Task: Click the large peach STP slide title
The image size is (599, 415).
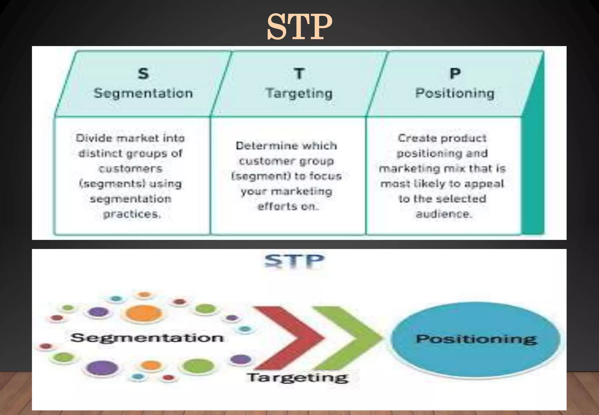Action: (299, 27)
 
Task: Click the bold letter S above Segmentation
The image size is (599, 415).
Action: (143, 73)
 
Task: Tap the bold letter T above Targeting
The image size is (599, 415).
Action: (299, 73)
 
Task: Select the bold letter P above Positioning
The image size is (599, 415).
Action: (455, 73)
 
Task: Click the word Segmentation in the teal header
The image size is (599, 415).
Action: (143, 93)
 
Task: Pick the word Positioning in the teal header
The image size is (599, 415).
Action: (455, 93)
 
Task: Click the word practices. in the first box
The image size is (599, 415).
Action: (132, 214)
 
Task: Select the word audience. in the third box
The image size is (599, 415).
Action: (444, 214)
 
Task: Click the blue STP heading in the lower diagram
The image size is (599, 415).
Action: (294, 261)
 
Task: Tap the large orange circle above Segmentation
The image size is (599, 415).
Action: (144, 313)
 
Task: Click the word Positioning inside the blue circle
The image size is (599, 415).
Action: (476, 339)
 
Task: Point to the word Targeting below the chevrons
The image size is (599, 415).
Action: (297, 378)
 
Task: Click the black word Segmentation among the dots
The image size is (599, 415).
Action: (147, 338)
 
